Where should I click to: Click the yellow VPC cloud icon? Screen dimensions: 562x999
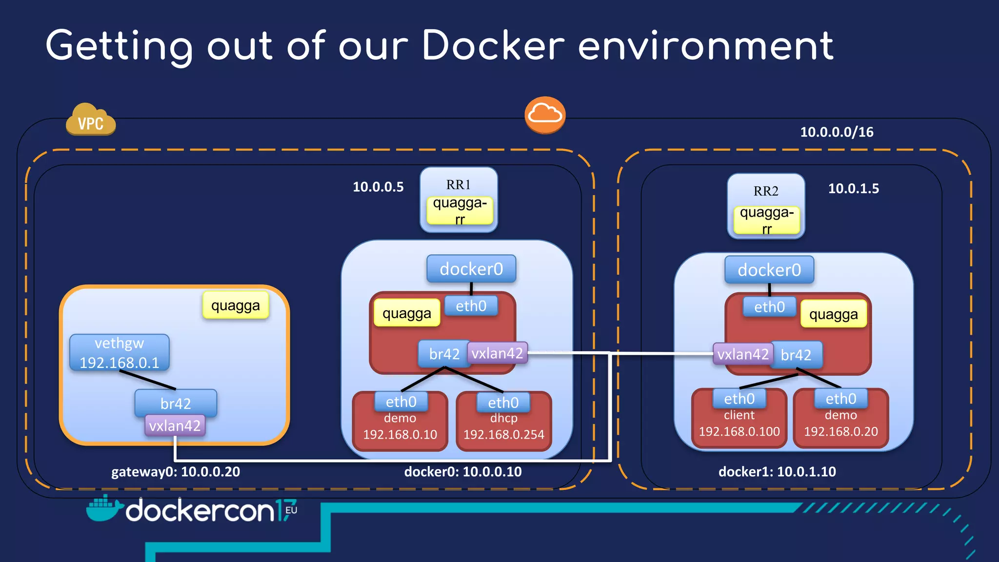[x=91, y=120]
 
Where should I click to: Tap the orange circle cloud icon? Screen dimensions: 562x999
[x=545, y=115]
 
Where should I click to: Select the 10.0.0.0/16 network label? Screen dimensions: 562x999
[x=837, y=132]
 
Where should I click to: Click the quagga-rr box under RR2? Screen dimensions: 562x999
[x=766, y=220]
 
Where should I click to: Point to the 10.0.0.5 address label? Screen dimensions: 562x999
[x=378, y=187]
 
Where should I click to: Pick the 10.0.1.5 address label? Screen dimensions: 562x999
[x=853, y=189]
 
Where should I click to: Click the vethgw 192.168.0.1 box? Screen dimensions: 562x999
[x=120, y=353]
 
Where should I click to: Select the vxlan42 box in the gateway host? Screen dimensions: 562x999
[x=175, y=426]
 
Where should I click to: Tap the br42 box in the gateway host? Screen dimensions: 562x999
[x=176, y=402]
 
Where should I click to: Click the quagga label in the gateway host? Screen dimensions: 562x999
[x=236, y=306]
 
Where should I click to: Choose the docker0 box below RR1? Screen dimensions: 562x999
[x=471, y=269]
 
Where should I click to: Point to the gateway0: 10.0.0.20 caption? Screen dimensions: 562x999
[x=176, y=472]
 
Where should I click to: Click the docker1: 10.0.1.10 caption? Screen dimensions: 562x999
[x=777, y=472]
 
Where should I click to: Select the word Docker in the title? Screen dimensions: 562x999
[x=493, y=46]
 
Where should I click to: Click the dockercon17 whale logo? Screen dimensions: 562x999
[x=103, y=508]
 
